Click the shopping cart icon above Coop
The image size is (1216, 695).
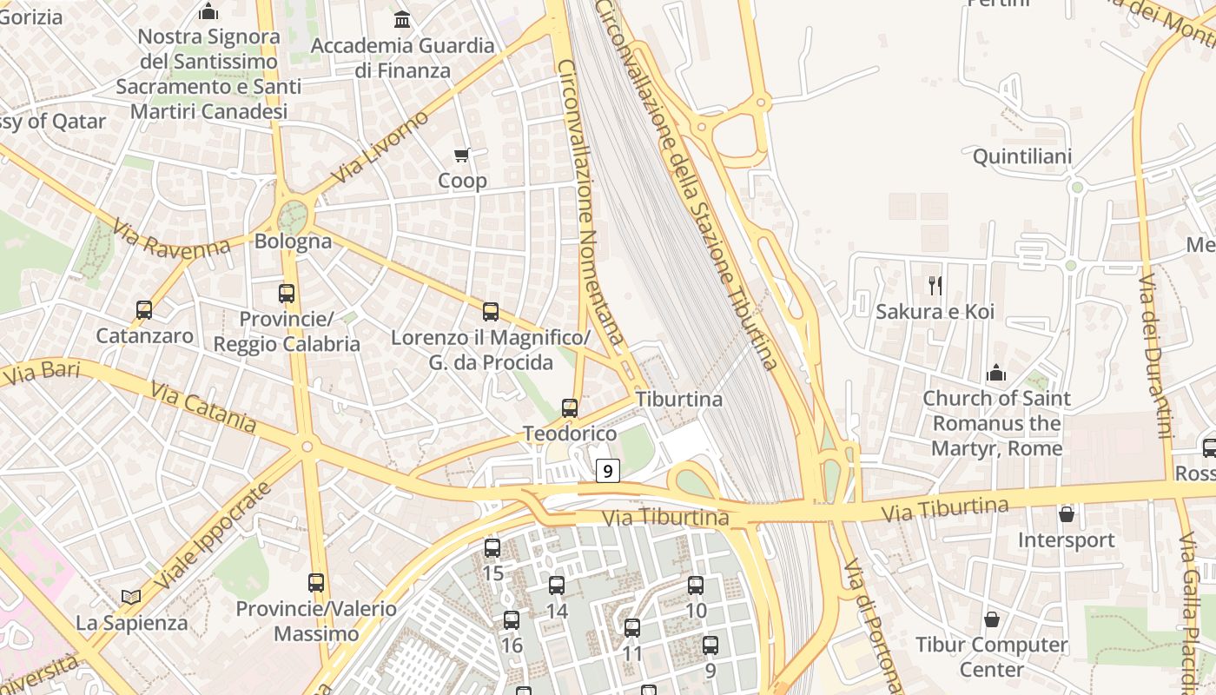[x=462, y=156]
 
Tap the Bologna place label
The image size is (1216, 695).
[x=293, y=242]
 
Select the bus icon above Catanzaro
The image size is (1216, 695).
[x=144, y=309]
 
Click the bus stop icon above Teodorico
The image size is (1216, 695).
[x=570, y=407]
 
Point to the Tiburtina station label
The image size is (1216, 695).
[x=679, y=400]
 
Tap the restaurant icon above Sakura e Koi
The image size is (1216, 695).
[x=935, y=285]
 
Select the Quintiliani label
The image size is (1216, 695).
[x=1022, y=157]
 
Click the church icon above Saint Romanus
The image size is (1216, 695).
[x=996, y=373]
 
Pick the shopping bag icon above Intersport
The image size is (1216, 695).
[x=1067, y=514]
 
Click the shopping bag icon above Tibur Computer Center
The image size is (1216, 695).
[x=992, y=619]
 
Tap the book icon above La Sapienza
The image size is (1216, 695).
[x=131, y=597]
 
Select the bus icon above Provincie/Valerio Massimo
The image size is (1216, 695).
[x=316, y=583]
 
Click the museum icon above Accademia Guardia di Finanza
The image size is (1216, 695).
[x=402, y=19]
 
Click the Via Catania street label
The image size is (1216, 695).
[x=202, y=405]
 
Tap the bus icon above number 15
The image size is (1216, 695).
[x=492, y=548]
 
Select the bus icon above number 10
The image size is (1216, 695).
[x=696, y=586]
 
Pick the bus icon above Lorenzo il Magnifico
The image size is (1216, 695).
[x=491, y=312]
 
